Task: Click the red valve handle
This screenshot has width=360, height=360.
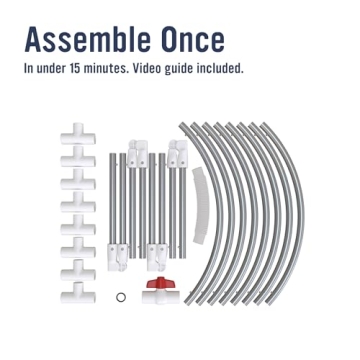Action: (161, 283)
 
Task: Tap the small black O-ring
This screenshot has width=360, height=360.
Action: (121, 297)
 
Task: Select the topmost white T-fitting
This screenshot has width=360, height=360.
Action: (78, 134)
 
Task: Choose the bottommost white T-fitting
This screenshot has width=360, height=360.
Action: (78, 293)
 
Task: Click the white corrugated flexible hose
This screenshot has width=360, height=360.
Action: (201, 205)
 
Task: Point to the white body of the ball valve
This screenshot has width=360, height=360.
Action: (161, 296)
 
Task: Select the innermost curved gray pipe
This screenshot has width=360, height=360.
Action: (220, 213)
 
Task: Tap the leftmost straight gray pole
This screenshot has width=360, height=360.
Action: (113, 200)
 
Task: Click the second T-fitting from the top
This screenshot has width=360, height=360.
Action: (78, 157)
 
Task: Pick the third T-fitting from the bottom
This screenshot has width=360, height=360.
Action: (78, 248)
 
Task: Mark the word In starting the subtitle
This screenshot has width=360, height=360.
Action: (29, 68)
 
